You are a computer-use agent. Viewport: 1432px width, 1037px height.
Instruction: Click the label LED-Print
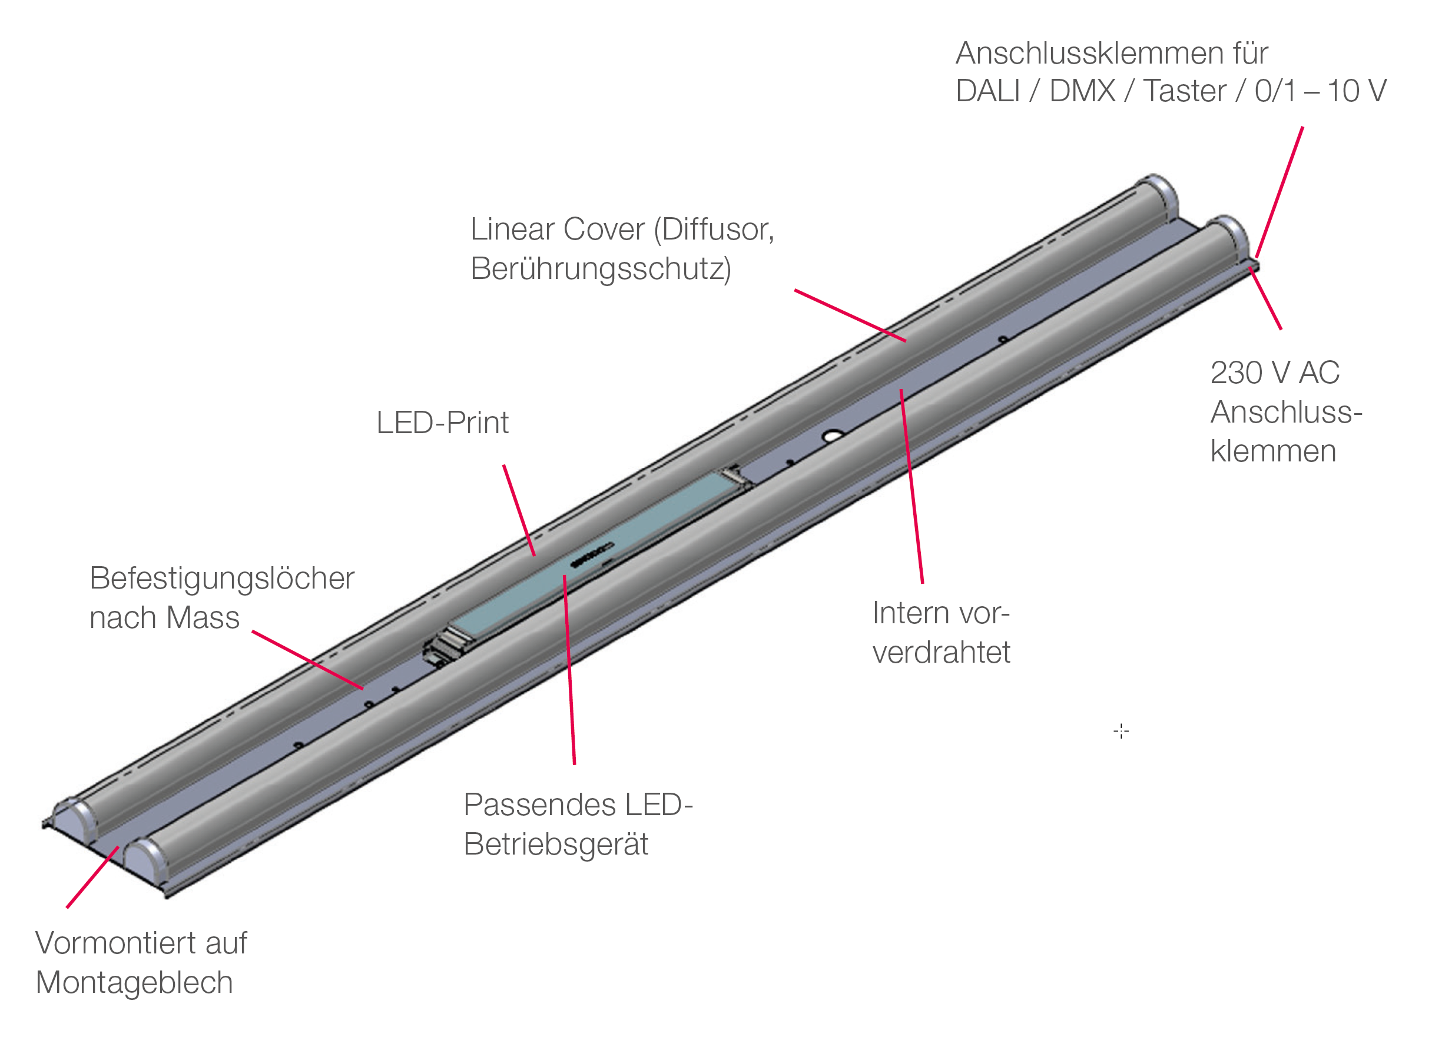[442, 424]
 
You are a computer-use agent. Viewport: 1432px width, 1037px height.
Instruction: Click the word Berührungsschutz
[601, 270]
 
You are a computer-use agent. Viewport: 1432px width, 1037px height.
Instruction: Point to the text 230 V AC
[1274, 373]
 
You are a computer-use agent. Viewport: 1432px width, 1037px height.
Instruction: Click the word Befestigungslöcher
[221, 579]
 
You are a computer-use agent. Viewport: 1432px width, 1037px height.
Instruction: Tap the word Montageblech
[134, 983]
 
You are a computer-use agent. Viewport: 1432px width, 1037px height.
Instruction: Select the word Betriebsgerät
[556, 845]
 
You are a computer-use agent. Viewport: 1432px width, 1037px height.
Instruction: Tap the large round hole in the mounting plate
[831, 437]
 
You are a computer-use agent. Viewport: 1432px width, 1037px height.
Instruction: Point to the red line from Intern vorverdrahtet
[911, 486]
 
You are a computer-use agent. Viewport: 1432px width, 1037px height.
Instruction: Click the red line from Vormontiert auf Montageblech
[92, 878]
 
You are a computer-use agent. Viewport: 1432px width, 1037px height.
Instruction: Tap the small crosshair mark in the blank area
[1121, 732]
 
